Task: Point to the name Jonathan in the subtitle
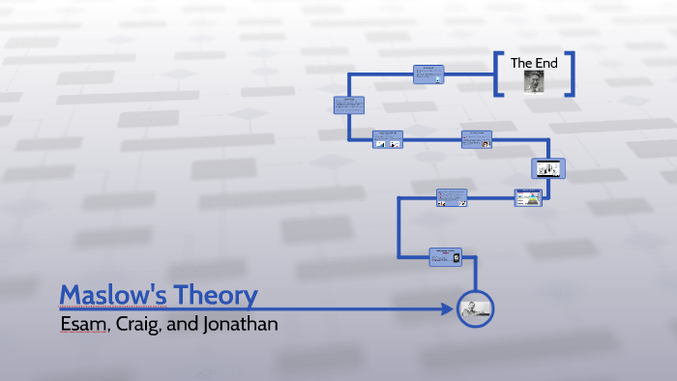coord(240,324)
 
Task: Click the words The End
coord(534,63)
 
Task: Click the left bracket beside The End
coord(498,73)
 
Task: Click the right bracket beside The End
coord(570,73)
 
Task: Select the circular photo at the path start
coord(476,308)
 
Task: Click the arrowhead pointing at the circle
coord(447,309)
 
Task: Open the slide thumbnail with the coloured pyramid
coord(528,198)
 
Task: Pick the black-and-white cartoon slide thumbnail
coord(549,168)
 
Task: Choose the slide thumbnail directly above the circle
coord(446,256)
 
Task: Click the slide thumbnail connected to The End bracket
coord(429,74)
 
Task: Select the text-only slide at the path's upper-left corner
coord(349,106)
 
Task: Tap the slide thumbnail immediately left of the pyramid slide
coord(452,198)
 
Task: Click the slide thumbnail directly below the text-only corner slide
coord(389,139)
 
